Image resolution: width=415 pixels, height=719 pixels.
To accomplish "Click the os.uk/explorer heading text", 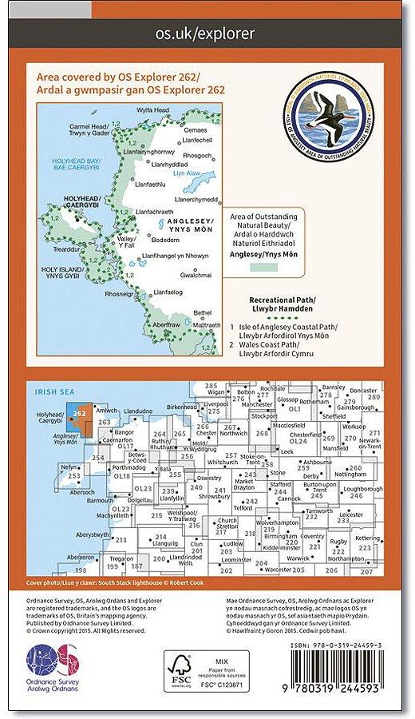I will [207, 34].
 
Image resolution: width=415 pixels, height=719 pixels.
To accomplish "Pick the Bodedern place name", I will [164, 240].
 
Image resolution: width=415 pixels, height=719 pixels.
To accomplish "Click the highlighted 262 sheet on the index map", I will [78, 411].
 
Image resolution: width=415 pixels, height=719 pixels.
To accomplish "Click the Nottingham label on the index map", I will [358, 475].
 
